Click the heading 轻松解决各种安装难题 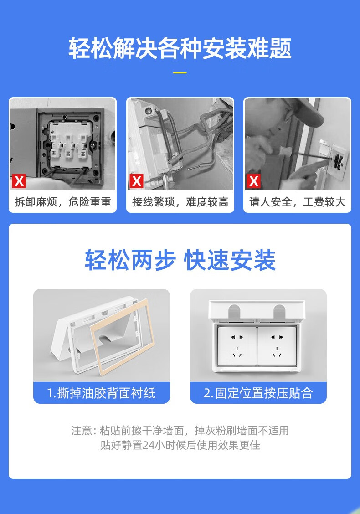[x=180, y=48]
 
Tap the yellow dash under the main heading [x=180, y=72]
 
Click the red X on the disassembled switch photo [x=19, y=181]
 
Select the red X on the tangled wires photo [x=136, y=181]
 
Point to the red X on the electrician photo [x=254, y=181]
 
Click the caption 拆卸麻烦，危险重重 [x=62, y=202]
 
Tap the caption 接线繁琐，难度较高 [x=180, y=202]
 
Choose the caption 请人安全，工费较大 [x=298, y=202]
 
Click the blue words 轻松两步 [x=130, y=260]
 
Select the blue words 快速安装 [x=230, y=260]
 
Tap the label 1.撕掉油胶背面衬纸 [x=101, y=393]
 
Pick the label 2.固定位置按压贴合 [x=258, y=393]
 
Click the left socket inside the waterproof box [x=237, y=346]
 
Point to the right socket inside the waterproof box [x=278, y=346]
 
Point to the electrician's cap [x=303, y=110]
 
